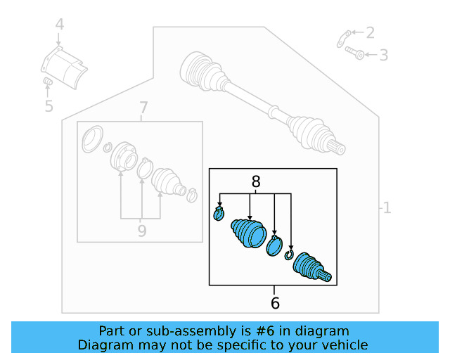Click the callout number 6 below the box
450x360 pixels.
tap(275, 303)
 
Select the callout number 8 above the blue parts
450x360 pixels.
tap(256, 181)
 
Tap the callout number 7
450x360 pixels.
tap(143, 108)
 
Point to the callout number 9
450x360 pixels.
tap(142, 230)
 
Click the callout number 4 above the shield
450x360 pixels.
tap(60, 25)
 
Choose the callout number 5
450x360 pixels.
tap(49, 106)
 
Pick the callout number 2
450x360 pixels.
tap(370, 32)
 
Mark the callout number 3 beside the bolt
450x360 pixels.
tap(383, 55)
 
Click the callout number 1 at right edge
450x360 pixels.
tap(385, 208)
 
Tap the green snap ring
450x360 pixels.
tap(288, 255)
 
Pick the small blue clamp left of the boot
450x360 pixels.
tap(219, 213)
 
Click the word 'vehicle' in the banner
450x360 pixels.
tap(344, 345)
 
